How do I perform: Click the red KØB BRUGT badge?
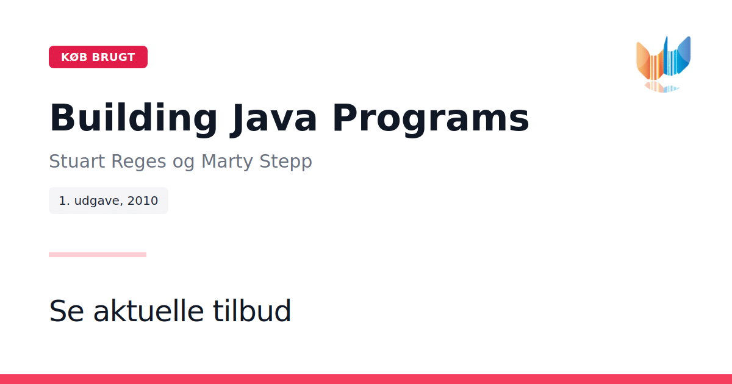pyautogui.click(x=98, y=57)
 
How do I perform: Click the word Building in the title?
pyautogui.click(x=134, y=118)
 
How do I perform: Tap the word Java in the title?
pyautogui.click(x=274, y=118)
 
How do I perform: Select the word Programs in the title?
pyautogui.click(x=431, y=118)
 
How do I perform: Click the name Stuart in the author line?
pyautogui.click(x=77, y=161)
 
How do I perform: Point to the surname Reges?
pyautogui.click(x=138, y=162)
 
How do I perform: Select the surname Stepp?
pyautogui.click(x=286, y=162)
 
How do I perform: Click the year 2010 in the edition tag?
pyautogui.click(x=143, y=201)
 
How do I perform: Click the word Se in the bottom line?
pyautogui.click(x=66, y=310)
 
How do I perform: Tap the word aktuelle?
pyautogui.click(x=149, y=310)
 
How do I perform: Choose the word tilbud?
pyautogui.click(x=252, y=310)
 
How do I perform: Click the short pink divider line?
pyautogui.click(x=98, y=255)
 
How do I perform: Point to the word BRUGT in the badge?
pyautogui.click(x=113, y=57)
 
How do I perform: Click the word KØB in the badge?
pyautogui.click(x=74, y=57)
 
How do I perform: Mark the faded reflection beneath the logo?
pyautogui.click(x=661, y=87)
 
